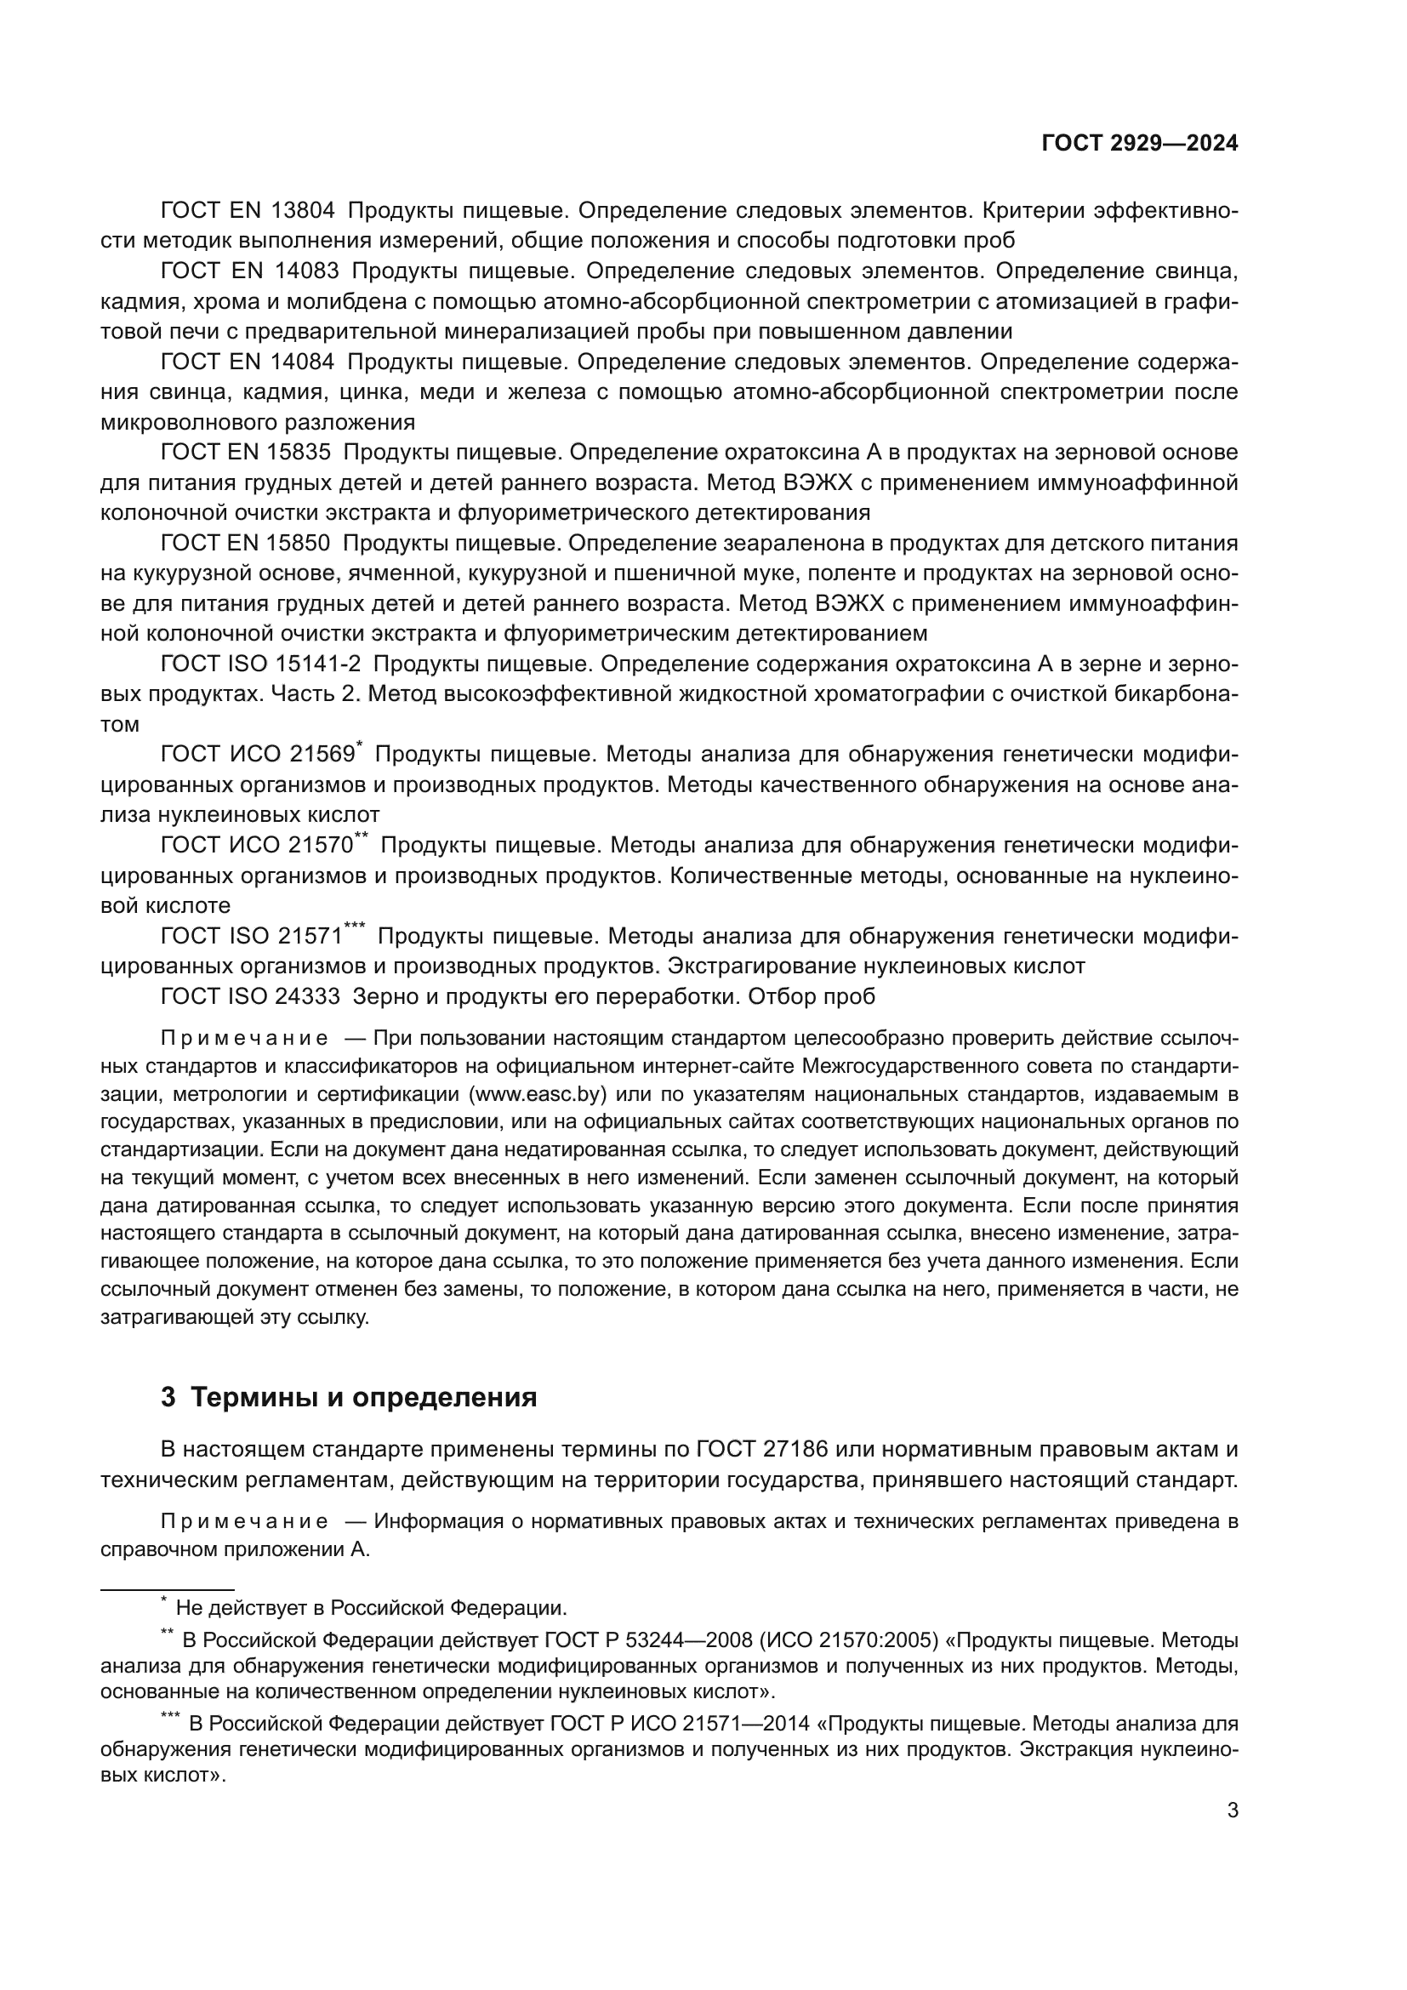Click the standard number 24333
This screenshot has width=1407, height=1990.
coord(307,997)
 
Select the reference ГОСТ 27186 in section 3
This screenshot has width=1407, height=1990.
coord(762,1448)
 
